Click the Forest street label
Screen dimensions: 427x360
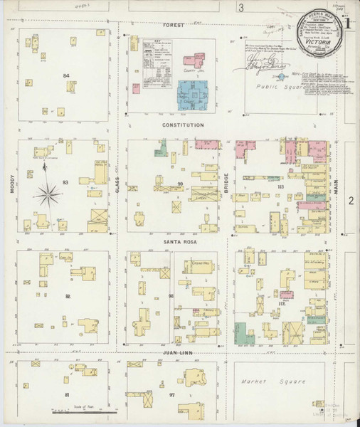pos(173,25)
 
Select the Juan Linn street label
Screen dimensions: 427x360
pos(179,353)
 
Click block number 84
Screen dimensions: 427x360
pos(66,75)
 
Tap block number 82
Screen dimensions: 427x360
pos(68,296)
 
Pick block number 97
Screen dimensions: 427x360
pos(173,394)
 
